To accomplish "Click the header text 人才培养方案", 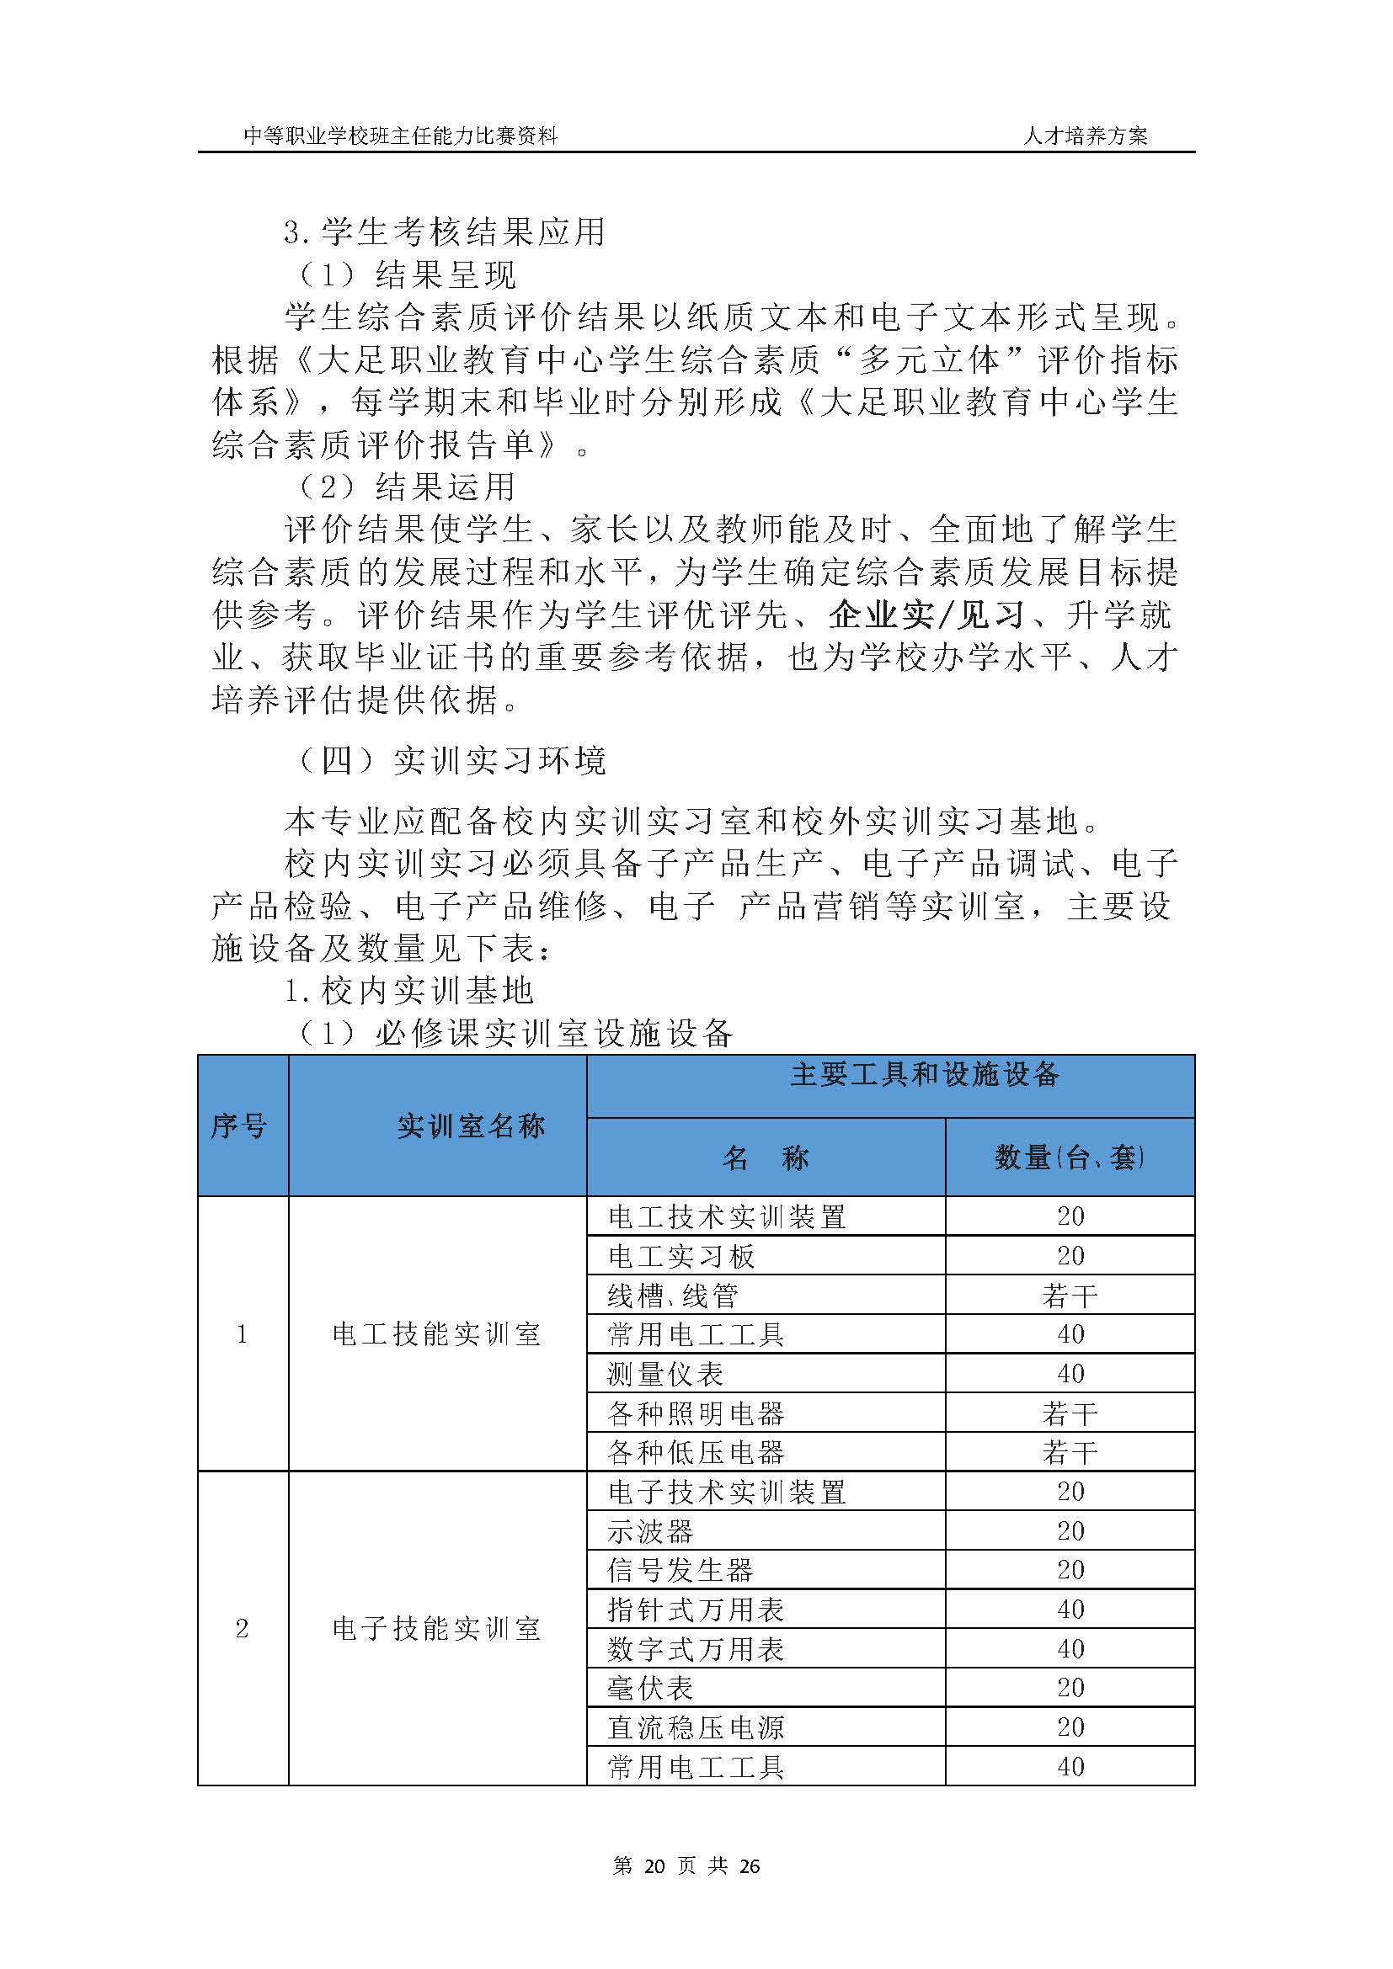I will click(1084, 136).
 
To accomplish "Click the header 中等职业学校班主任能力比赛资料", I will click(401, 136).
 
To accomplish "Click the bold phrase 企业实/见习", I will click(926, 615).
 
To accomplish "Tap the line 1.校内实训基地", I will click(408, 992).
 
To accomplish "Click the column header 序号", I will click(239, 1126).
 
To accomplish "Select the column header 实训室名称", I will click(471, 1126).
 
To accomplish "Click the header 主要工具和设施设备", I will click(924, 1074).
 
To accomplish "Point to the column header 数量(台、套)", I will click(1070, 1158).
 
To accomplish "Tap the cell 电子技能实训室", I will click(436, 1629).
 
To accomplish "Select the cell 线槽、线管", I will click(674, 1295).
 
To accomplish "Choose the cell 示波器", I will click(650, 1530).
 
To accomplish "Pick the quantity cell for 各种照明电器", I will click(1070, 1413).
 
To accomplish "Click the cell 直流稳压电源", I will click(696, 1727).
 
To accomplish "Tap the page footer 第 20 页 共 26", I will click(687, 1866).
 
